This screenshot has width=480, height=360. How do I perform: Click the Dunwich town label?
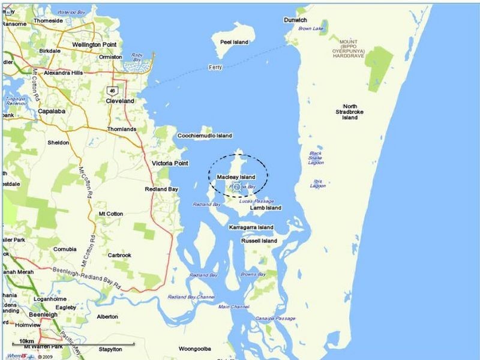(x=295, y=20)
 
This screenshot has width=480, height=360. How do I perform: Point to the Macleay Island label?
(x=236, y=177)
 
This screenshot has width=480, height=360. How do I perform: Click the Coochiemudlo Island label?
(x=205, y=136)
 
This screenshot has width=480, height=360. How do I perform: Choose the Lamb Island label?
(x=265, y=208)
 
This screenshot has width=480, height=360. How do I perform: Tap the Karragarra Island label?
(x=251, y=227)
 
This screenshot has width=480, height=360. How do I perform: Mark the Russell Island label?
(x=259, y=241)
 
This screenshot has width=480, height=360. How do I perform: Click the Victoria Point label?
(x=170, y=163)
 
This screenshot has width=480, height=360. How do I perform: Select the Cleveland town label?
(x=120, y=101)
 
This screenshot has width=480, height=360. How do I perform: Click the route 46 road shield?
(x=112, y=91)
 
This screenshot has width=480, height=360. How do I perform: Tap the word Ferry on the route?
(x=215, y=67)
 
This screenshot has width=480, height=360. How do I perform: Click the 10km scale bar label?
(x=27, y=341)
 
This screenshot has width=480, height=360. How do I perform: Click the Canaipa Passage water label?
(x=277, y=319)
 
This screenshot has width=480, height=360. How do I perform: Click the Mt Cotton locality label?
(x=110, y=214)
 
